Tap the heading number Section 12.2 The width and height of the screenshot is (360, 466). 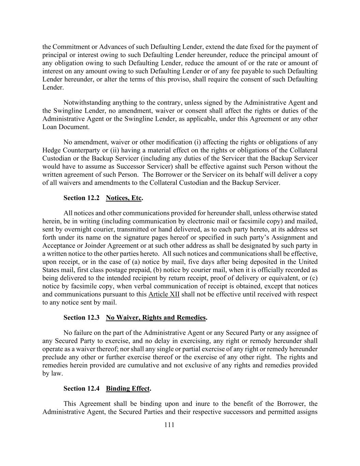(x=81, y=198)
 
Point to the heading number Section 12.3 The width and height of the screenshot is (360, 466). (x=81, y=318)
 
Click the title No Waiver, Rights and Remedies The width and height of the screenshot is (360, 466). (x=156, y=318)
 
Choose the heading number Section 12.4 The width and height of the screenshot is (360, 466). (x=81, y=389)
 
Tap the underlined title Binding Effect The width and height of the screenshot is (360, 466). (x=128, y=389)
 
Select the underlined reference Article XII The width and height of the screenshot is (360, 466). (x=164, y=295)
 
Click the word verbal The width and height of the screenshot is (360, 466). (x=139, y=286)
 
